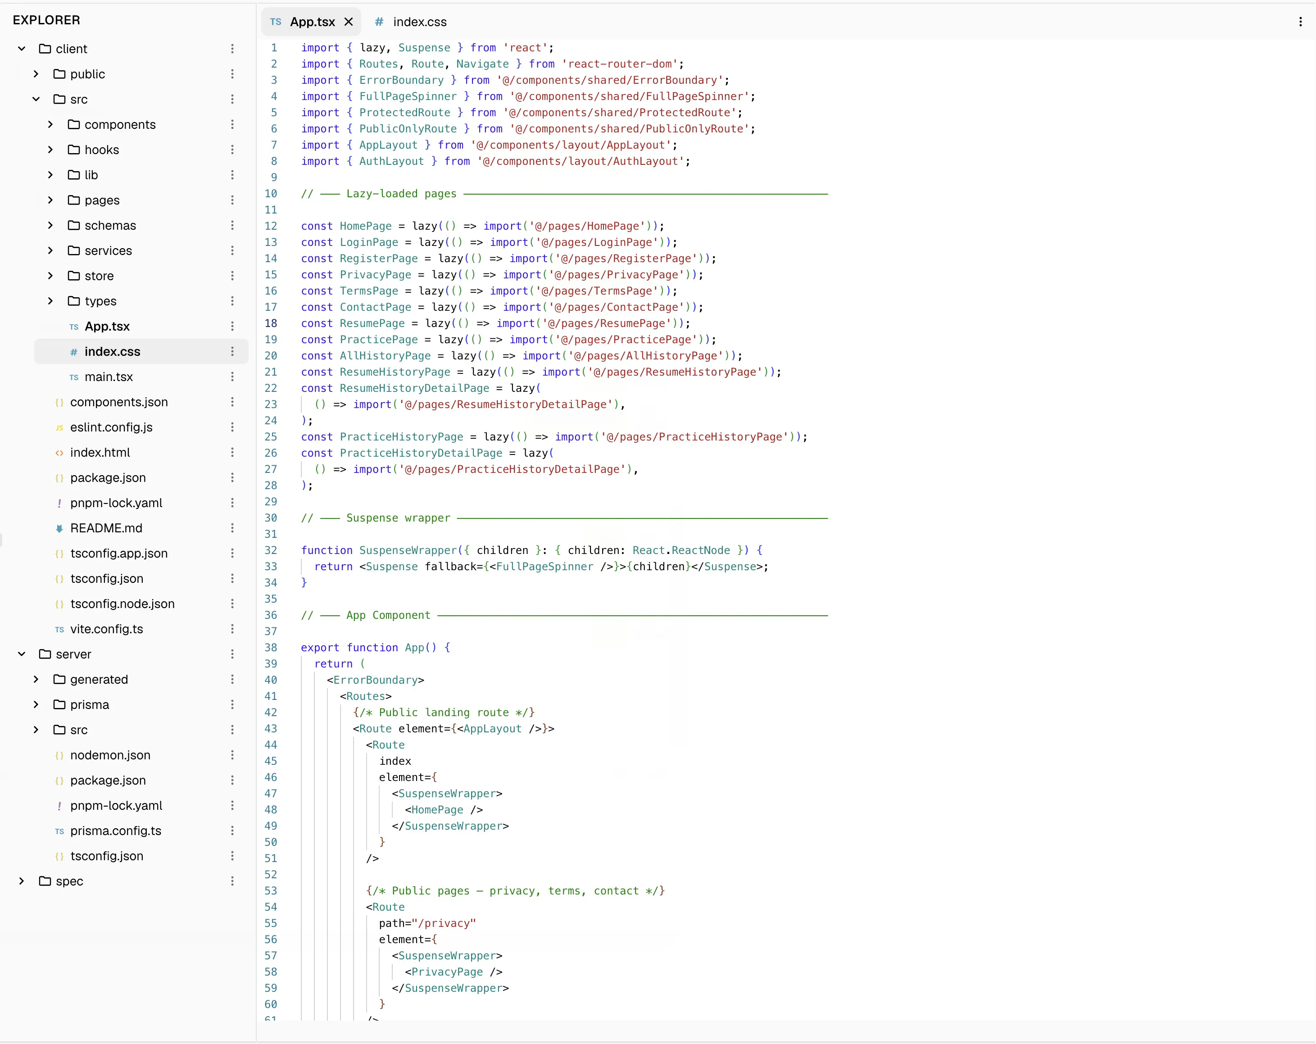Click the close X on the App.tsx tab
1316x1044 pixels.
[349, 22]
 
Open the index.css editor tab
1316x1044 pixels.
[410, 22]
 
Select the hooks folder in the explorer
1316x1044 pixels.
[101, 150]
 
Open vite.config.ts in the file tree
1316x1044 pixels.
[106, 629]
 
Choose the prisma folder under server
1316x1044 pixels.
[89, 704]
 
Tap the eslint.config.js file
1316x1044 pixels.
[111, 427]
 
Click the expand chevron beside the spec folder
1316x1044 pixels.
[21, 881]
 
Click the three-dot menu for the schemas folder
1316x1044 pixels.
[232, 225]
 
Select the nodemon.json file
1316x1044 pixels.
[110, 755]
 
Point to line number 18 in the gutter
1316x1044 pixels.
[271, 323]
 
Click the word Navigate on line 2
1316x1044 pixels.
[482, 64]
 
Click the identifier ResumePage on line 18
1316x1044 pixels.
[372, 323]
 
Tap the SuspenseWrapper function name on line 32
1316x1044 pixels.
[408, 550]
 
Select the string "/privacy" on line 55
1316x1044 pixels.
[444, 923]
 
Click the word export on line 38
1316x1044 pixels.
[320, 648]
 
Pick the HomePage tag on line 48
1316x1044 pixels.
[437, 809]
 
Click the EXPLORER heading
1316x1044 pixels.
[46, 20]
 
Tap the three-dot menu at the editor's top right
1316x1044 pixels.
[1301, 22]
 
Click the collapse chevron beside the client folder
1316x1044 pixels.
[21, 49]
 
